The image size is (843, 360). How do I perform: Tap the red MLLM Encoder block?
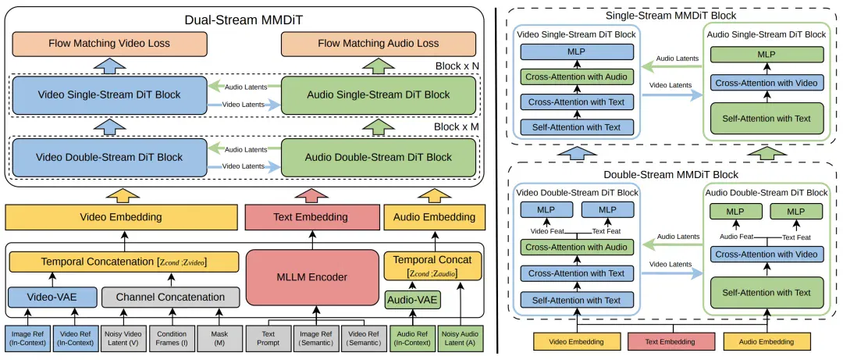pyautogui.click(x=312, y=278)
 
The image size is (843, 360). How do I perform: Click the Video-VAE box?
pyautogui.click(x=52, y=297)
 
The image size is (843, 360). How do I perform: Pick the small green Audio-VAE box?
pyautogui.click(x=413, y=298)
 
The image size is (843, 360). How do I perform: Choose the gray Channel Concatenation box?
pyautogui.click(x=170, y=297)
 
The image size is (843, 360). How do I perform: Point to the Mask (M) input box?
pyautogui.click(x=219, y=338)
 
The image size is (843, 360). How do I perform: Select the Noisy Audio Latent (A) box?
pyautogui.click(x=461, y=338)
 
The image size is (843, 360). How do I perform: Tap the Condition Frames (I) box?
pyautogui.click(x=171, y=338)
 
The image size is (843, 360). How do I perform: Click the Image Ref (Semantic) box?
pyautogui.click(x=315, y=338)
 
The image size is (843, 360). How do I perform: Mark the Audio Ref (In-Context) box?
pyautogui.click(x=412, y=338)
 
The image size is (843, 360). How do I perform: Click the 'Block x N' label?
pyautogui.click(x=457, y=66)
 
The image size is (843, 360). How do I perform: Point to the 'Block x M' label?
pyautogui.click(x=457, y=129)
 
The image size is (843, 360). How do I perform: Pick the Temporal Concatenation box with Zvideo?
pyautogui.click(x=124, y=262)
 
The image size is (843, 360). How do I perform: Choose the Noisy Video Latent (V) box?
pyautogui.click(x=123, y=338)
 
